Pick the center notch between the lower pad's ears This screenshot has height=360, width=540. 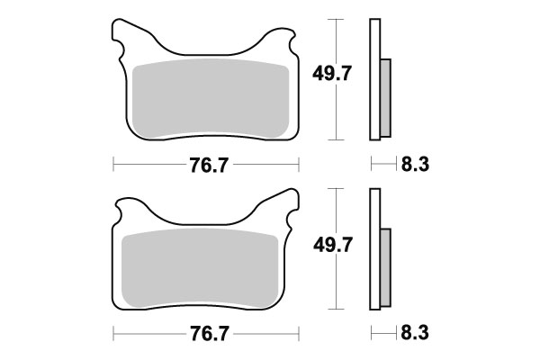click(205, 221)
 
